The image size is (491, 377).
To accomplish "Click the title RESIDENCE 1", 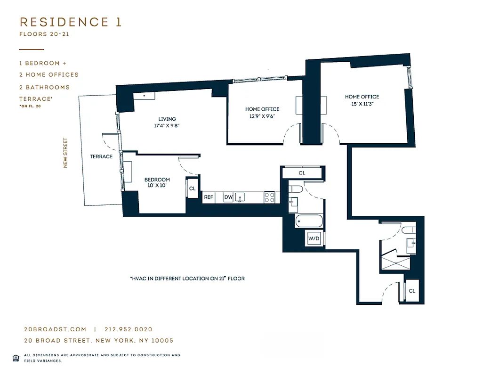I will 71,22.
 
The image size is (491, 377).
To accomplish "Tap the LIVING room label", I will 167,119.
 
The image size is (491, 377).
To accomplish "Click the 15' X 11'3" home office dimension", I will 362,104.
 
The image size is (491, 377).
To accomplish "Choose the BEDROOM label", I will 157,180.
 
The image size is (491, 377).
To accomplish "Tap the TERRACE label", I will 101,156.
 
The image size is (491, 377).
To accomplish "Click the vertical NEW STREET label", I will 65,153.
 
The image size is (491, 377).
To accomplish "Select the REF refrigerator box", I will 208,197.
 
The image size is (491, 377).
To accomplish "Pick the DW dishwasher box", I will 228,197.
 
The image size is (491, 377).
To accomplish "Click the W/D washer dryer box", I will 314,238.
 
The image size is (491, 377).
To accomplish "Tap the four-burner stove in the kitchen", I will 270,197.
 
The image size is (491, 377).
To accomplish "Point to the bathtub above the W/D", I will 309,221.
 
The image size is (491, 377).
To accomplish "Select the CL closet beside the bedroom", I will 192,188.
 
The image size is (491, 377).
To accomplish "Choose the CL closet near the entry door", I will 412,291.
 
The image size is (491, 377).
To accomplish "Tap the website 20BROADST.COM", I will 55,330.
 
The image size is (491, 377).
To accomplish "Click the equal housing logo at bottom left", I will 16,357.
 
